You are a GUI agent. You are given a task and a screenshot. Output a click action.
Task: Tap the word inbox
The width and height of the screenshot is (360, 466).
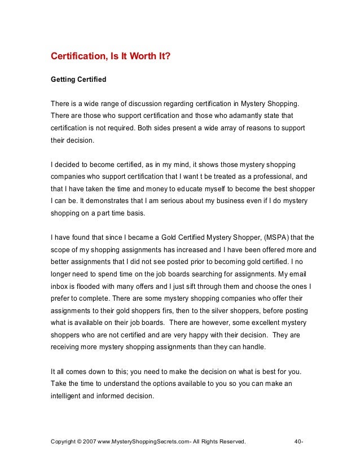(59, 287)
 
